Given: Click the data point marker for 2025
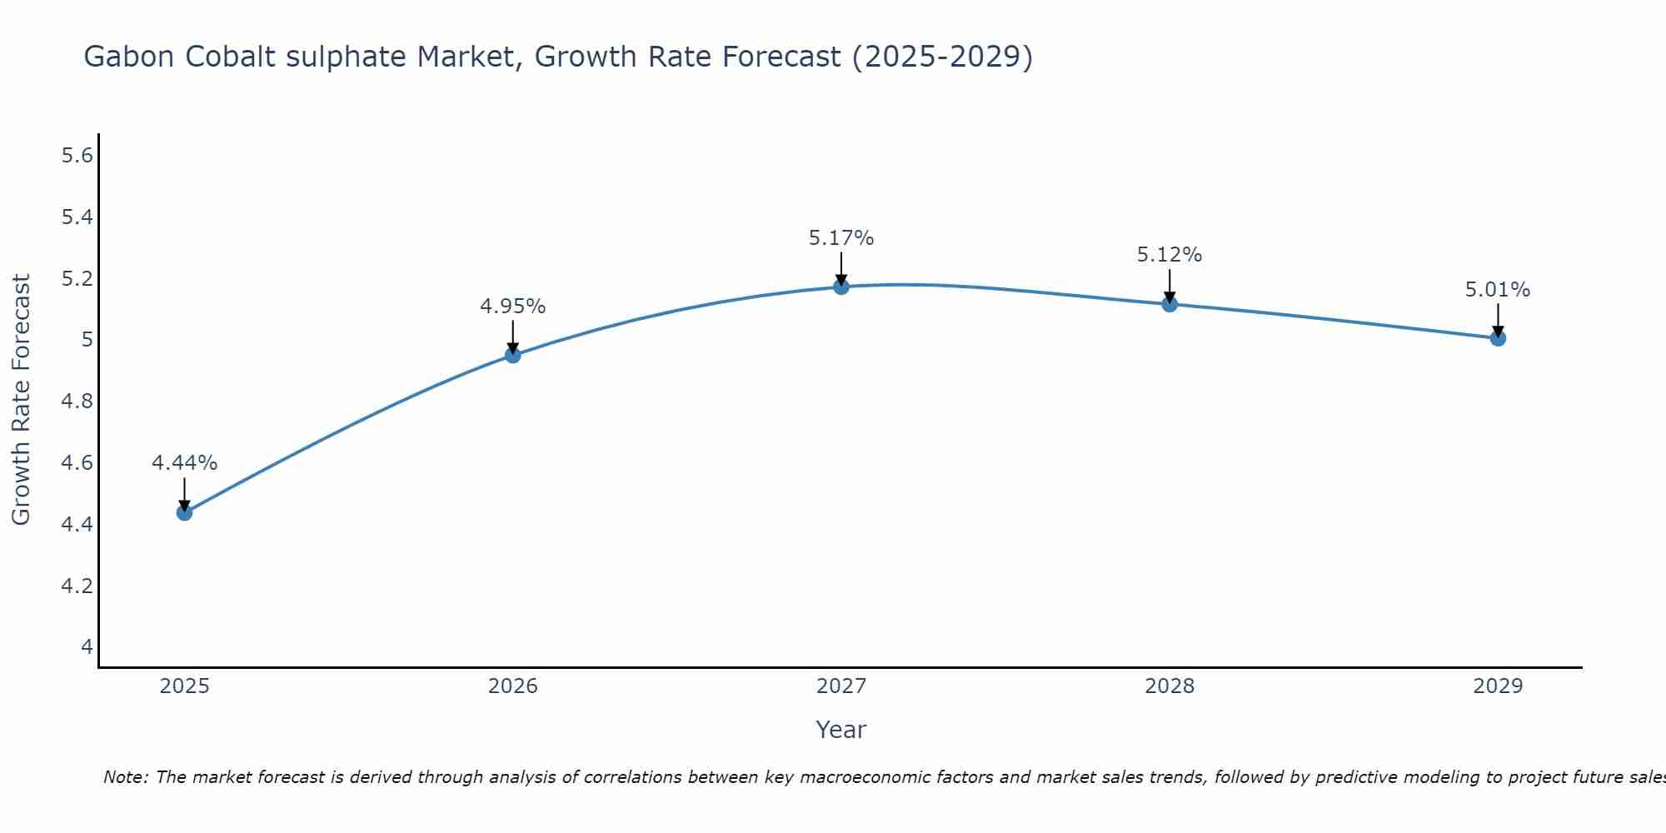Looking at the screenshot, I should point(184,512).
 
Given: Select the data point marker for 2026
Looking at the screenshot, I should point(512,356).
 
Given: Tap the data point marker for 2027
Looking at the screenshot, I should point(841,287).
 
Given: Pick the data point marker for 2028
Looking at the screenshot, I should point(1170,304).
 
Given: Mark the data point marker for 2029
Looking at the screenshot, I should point(1498,338).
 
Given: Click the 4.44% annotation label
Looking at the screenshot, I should point(184,463).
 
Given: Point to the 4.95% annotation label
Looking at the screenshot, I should point(512,307).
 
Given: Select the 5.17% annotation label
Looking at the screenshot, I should point(841,238).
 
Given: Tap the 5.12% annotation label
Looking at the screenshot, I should point(1170,255).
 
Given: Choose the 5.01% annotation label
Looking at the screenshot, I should point(1498,290).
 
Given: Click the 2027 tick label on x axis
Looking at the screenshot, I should point(841,686).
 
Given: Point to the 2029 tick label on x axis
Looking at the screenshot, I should point(1498,686).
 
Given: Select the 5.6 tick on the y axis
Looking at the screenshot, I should point(77,156).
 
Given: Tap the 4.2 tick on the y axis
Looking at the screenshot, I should point(77,586).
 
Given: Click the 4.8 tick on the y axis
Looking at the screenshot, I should point(77,402).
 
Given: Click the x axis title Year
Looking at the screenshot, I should point(841,730).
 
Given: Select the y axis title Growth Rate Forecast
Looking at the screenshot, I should point(21,400).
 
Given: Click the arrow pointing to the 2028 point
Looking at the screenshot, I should point(1170,286).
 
